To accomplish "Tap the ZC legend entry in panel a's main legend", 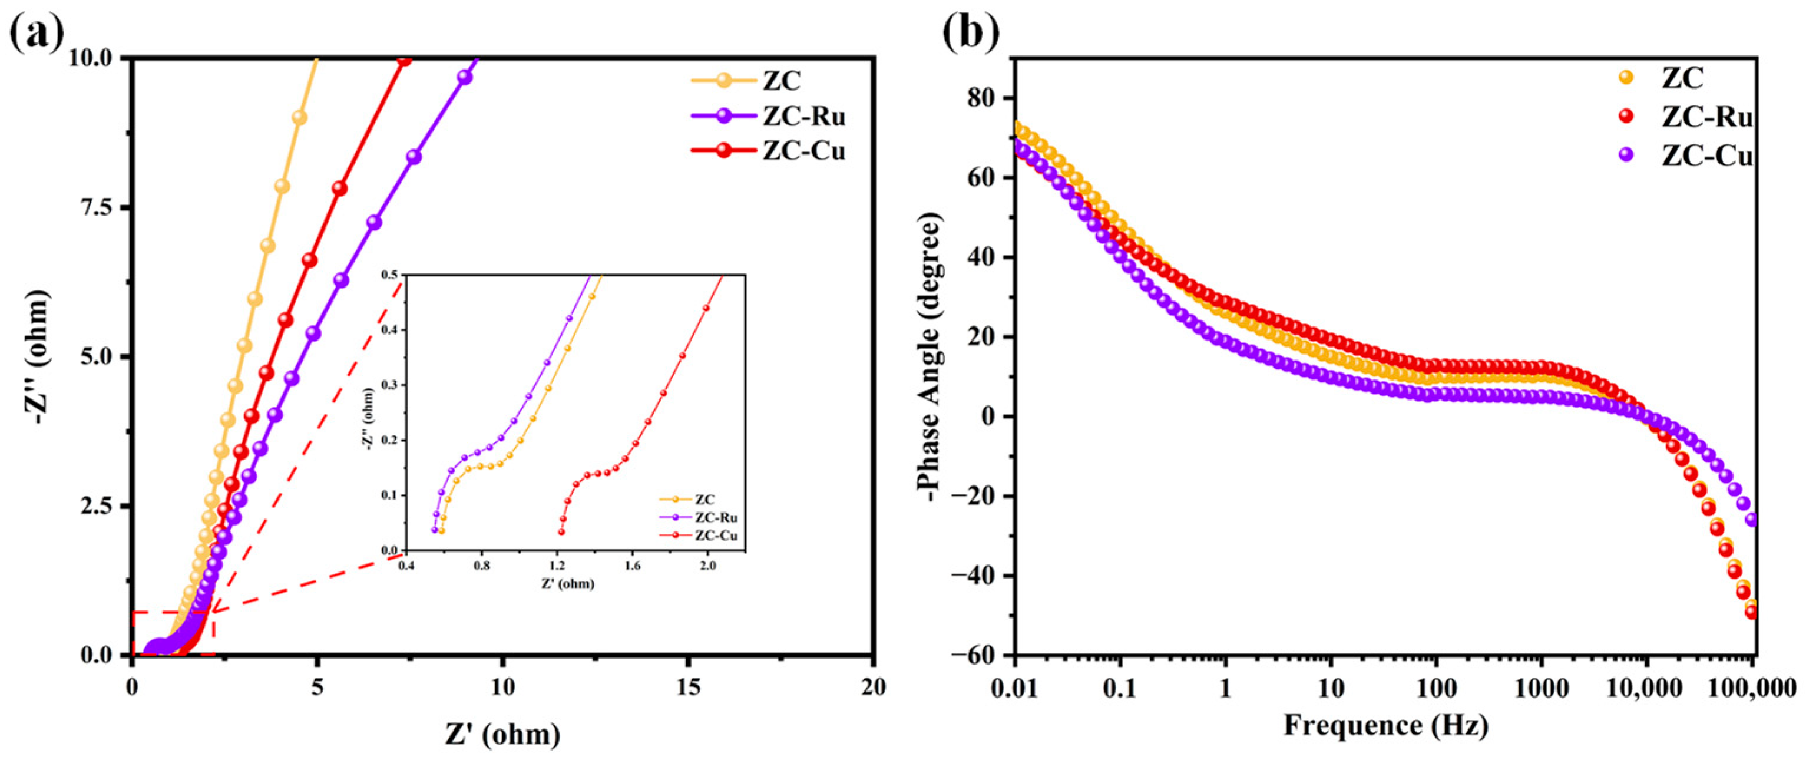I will tap(782, 81).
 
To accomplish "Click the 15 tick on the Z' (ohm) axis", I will tap(689, 688).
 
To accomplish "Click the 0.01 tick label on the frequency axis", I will tap(1014, 688).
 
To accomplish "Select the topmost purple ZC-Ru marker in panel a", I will tap(464, 77).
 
